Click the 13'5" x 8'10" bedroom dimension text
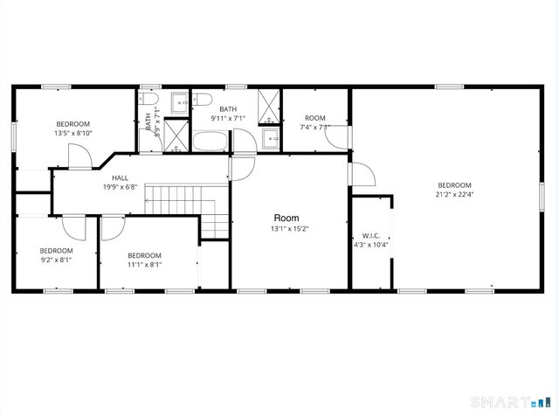[x=72, y=134]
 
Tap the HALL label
[x=120, y=178]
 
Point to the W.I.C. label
[x=370, y=236]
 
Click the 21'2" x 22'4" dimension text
[x=454, y=195]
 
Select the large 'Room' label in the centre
[x=286, y=218]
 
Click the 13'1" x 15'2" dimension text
[x=290, y=230]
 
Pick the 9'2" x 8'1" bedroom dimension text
[x=56, y=260]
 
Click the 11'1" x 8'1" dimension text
[x=144, y=265]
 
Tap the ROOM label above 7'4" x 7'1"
[x=315, y=118]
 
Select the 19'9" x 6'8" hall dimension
[x=120, y=187]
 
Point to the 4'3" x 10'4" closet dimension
[x=370, y=246]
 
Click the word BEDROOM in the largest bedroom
[x=454, y=185]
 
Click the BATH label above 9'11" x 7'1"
[x=229, y=109]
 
